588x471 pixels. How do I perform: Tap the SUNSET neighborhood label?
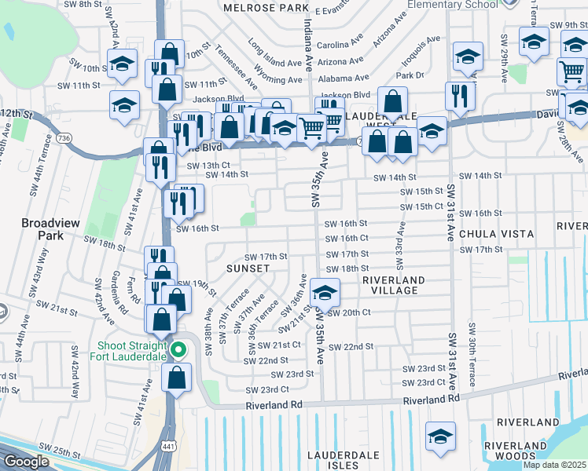point(248,268)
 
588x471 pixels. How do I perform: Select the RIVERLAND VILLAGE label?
point(393,284)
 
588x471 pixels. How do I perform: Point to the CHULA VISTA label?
point(496,234)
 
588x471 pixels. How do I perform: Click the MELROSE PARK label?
point(266,7)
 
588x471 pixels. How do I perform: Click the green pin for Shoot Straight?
point(178,349)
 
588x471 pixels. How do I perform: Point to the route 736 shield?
point(64,138)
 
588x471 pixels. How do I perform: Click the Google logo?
point(25,462)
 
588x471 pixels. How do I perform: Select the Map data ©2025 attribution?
point(554,465)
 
